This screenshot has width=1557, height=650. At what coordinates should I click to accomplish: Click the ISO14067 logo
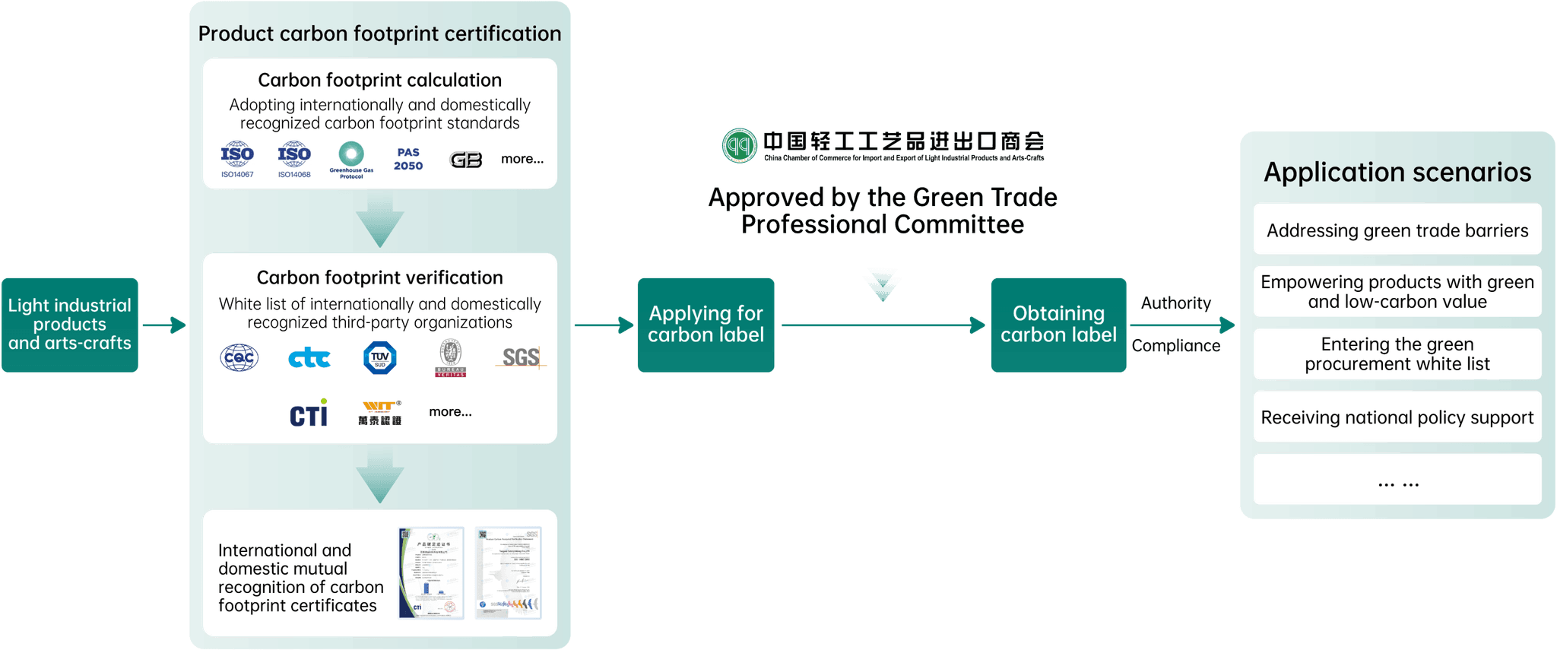point(237,158)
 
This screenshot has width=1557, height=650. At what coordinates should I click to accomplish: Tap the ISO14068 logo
point(294,158)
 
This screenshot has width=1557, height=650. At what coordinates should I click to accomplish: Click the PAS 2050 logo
point(408,159)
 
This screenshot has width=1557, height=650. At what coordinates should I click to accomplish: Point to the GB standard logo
point(466,160)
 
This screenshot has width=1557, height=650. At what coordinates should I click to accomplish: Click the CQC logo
point(239,357)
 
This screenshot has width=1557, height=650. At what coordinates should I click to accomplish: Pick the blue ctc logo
point(309,358)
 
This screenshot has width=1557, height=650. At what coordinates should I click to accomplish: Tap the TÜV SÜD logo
point(380,357)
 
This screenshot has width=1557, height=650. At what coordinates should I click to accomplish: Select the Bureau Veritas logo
point(450,357)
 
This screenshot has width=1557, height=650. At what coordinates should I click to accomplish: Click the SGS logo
point(522,357)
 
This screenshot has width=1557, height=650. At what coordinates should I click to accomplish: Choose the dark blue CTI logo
point(309,414)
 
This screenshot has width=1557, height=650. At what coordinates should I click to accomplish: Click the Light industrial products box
point(70,325)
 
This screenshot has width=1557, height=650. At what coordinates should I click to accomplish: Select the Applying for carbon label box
point(706,325)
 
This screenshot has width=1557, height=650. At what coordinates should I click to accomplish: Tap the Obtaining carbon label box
point(1058,325)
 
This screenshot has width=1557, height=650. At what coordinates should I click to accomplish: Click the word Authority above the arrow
point(1175,303)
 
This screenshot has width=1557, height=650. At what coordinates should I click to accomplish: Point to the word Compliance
point(1175,346)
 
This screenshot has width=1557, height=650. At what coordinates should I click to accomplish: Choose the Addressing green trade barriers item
point(1397,230)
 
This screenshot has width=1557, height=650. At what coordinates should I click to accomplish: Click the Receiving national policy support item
point(1397,417)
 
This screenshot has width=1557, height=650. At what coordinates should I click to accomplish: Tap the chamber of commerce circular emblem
point(740,145)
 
